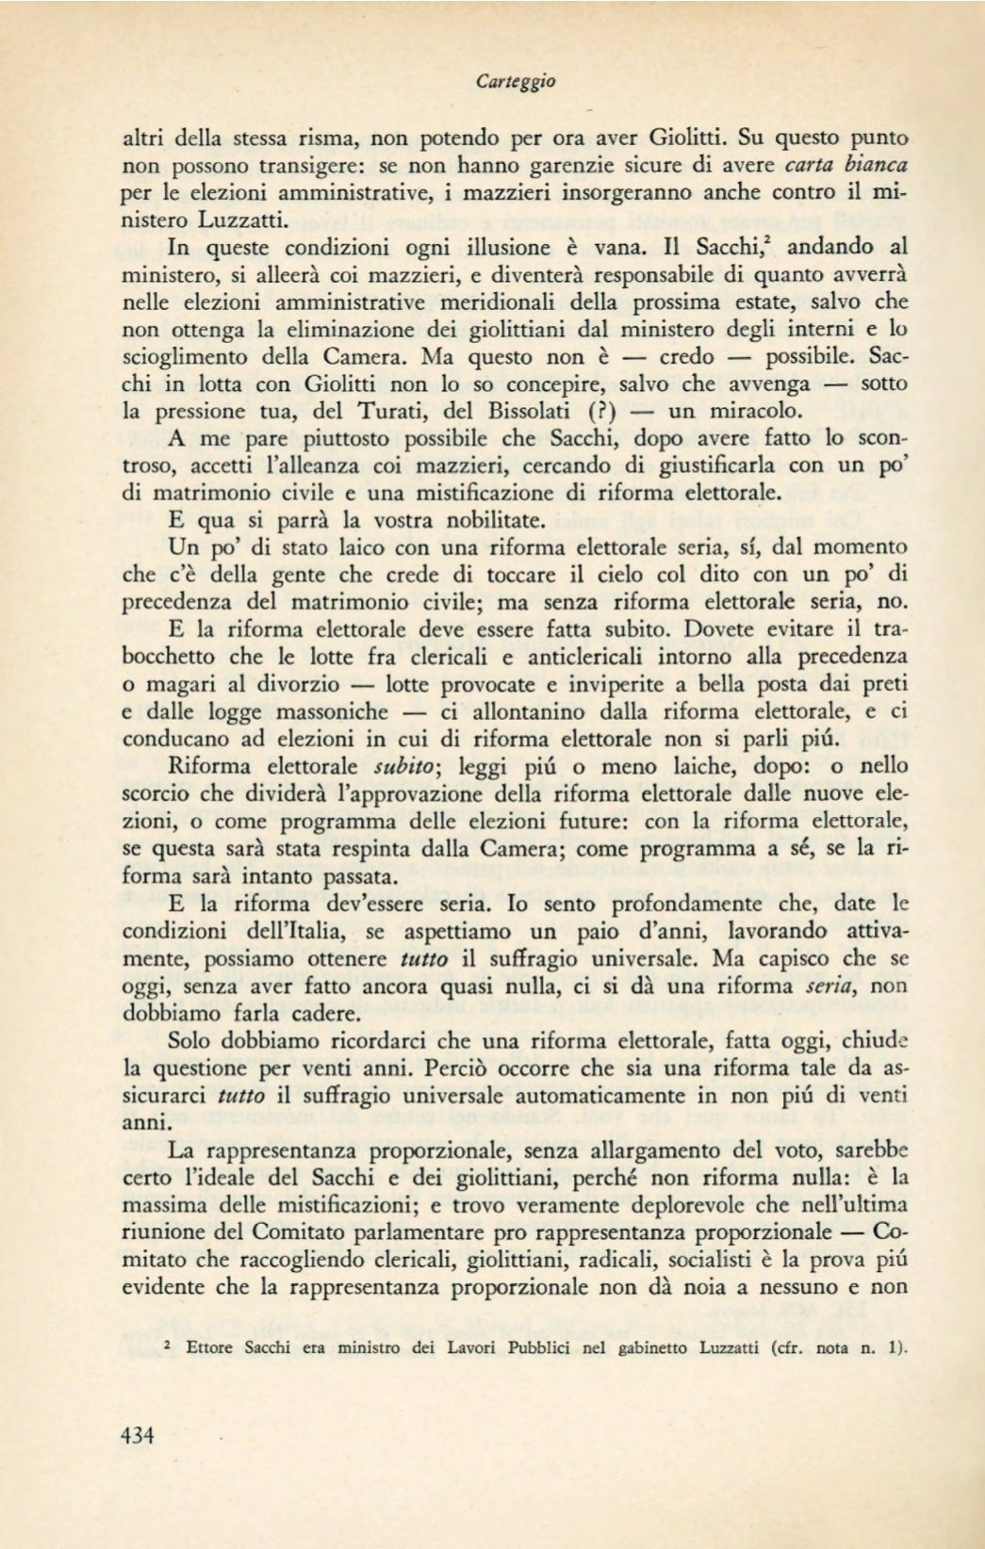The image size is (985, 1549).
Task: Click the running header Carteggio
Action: pos(516,82)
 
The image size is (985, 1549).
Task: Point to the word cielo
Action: pos(622,575)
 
